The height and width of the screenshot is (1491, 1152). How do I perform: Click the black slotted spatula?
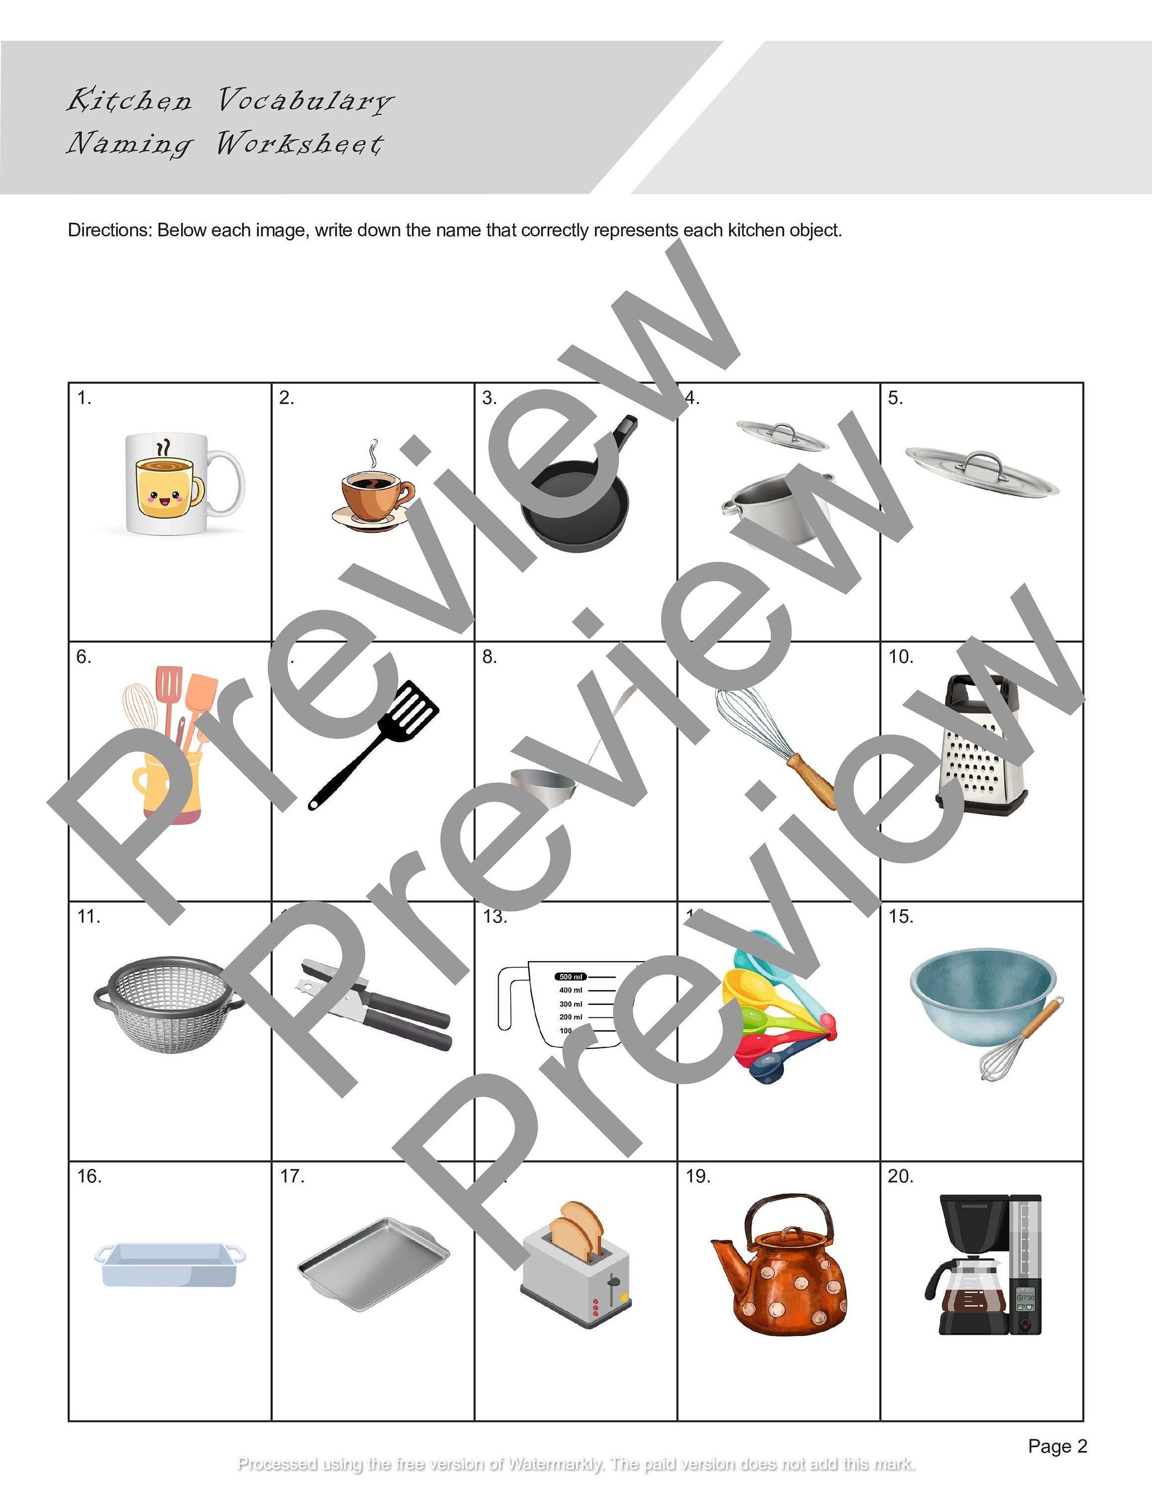(x=382, y=738)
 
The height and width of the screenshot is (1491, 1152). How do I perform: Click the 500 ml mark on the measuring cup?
(x=571, y=977)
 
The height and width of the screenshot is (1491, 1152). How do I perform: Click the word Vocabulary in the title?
(x=305, y=100)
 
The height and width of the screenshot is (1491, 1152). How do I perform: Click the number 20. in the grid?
(x=900, y=1176)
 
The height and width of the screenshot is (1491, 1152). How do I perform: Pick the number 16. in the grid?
(x=89, y=1176)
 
